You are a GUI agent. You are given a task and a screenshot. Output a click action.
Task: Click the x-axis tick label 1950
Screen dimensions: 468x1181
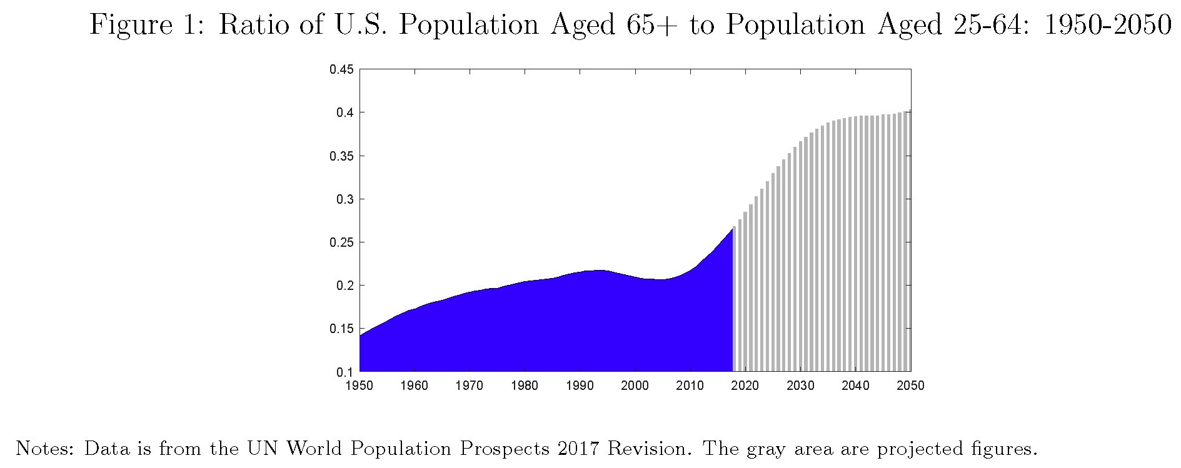[x=359, y=386]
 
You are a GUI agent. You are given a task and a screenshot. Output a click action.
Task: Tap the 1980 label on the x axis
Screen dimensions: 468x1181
[x=525, y=386]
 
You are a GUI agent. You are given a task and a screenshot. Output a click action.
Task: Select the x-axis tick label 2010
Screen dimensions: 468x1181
[x=690, y=386]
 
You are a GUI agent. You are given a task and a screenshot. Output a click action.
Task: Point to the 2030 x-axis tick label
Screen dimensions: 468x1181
[x=800, y=386]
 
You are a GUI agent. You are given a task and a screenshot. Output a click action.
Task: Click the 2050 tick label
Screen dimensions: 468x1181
[x=910, y=386]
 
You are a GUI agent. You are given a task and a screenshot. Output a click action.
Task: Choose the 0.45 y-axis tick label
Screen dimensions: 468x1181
[x=341, y=69]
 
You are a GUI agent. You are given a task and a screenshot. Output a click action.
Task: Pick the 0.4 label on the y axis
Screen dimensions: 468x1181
[x=344, y=112]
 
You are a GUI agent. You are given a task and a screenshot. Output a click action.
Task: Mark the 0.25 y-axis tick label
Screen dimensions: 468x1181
[x=341, y=242]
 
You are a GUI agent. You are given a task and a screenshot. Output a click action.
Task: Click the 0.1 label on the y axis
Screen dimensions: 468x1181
[x=344, y=372]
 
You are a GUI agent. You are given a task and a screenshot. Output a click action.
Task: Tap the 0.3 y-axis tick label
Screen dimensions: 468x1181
[x=344, y=199]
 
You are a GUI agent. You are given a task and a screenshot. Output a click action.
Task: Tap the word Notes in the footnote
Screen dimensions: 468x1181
[x=44, y=449]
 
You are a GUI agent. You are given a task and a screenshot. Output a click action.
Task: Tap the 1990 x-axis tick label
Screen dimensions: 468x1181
[x=580, y=386]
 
